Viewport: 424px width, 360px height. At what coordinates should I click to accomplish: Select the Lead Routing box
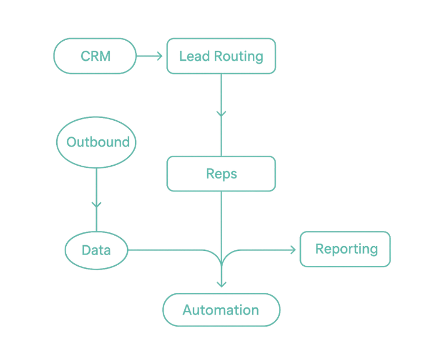click(x=221, y=56)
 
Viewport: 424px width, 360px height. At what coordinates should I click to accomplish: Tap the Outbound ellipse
click(x=97, y=142)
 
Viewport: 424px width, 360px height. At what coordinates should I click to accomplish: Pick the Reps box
click(x=221, y=174)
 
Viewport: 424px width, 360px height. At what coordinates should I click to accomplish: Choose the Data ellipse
click(x=96, y=249)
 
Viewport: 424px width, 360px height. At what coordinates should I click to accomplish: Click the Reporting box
click(x=346, y=249)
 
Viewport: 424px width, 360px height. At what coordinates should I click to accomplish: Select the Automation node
click(x=220, y=310)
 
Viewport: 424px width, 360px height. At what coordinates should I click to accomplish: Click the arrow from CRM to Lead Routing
click(x=151, y=56)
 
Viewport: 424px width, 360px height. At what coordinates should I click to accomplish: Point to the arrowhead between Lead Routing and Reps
click(x=222, y=113)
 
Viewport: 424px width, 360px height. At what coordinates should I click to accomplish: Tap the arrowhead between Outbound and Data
click(x=96, y=203)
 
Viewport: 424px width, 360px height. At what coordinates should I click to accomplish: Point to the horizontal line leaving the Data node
click(x=170, y=249)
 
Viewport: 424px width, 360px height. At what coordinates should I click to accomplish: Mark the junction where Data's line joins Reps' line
click(x=222, y=256)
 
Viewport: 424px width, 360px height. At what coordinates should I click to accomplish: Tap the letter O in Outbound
click(x=70, y=142)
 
